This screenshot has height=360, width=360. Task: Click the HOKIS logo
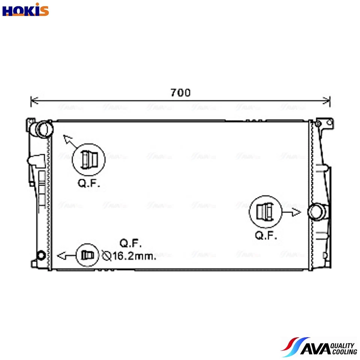click(x=25, y=10)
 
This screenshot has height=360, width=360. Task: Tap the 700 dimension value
click(x=180, y=92)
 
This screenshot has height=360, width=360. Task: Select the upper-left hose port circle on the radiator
click(x=43, y=129)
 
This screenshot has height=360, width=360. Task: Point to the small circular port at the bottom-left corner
click(x=41, y=255)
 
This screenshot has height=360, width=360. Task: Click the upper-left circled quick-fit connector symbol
click(x=88, y=159)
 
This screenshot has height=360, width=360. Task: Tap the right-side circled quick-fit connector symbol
click(x=265, y=212)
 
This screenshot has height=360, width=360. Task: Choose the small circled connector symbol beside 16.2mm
click(x=88, y=255)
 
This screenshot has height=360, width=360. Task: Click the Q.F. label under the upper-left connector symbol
click(x=89, y=183)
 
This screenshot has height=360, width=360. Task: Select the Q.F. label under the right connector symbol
click(x=266, y=235)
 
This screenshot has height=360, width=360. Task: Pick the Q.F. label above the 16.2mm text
click(x=130, y=243)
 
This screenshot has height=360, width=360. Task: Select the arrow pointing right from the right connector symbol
click(x=292, y=212)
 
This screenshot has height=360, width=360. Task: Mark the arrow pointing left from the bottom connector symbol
click(x=65, y=256)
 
